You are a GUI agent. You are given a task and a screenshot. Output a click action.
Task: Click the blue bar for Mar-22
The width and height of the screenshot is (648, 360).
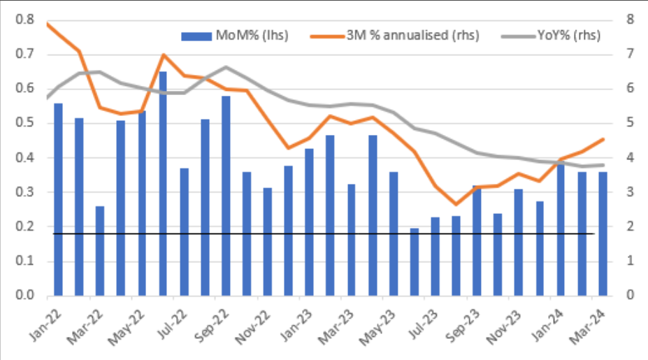(99, 251)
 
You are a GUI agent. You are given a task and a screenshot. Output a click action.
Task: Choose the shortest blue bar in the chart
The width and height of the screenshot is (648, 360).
(414, 261)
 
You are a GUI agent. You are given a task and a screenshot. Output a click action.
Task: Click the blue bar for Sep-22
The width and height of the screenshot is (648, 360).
(226, 196)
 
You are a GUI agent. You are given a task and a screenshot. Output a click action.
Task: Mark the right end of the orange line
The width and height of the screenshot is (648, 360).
(603, 139)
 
